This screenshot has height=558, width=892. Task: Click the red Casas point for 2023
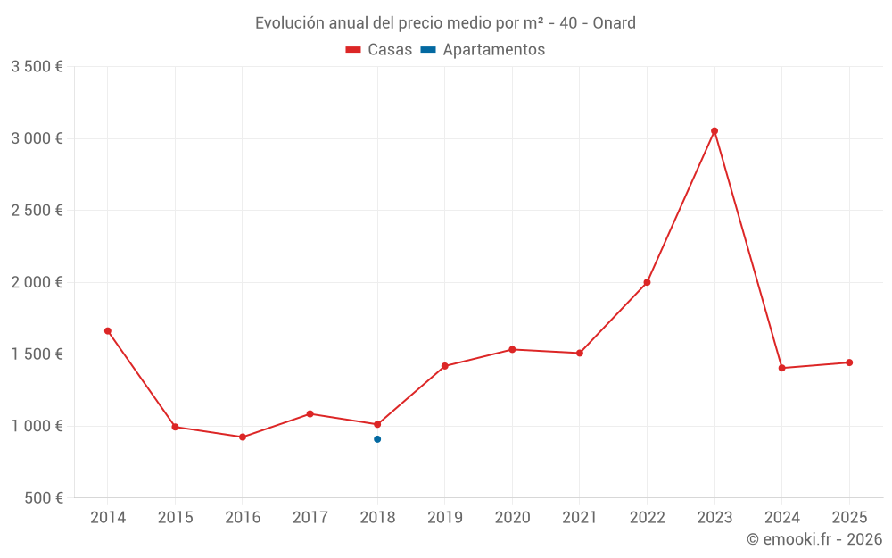pos(714,131)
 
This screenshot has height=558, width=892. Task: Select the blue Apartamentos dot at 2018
pos(377,439)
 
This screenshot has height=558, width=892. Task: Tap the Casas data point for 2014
pos(108,331)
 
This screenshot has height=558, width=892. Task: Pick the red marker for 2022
pos(647,282)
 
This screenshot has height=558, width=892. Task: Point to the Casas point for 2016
pos(243,437)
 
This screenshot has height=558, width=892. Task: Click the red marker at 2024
pos(781,368)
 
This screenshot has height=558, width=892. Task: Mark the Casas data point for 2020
pos(512,349)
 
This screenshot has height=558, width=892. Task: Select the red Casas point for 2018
pos(377,424)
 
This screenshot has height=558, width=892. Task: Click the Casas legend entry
pos(379,50)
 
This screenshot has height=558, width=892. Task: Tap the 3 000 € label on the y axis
pos(37,138)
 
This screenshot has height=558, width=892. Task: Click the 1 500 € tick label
pos(37,354)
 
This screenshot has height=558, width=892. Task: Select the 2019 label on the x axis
pos(444,518)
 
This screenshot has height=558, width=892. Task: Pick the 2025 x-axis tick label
pos(848,518)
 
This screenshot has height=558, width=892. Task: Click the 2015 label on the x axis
pos(175,518)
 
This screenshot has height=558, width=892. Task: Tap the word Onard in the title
pos(614,23)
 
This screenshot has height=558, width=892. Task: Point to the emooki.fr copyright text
pos(814,539)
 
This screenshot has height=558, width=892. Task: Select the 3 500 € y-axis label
pos(37,67)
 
